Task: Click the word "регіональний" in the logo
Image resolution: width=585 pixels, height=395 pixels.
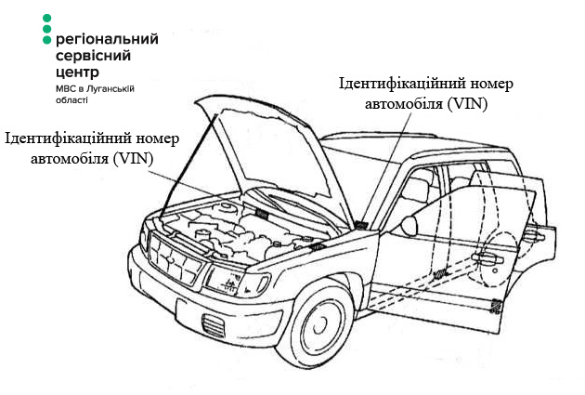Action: (107, 40)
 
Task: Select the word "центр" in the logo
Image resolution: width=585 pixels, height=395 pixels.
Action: (78, 71)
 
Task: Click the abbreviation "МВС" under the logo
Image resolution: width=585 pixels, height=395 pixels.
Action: (68, 87)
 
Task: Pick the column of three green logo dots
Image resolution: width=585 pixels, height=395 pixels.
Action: (47, 29)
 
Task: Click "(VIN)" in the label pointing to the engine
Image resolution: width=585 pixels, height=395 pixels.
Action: (134, 158)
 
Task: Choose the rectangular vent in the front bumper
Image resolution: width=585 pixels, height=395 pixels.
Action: (214, 325)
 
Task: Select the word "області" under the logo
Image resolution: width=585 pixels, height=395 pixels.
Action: (73, 99)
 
